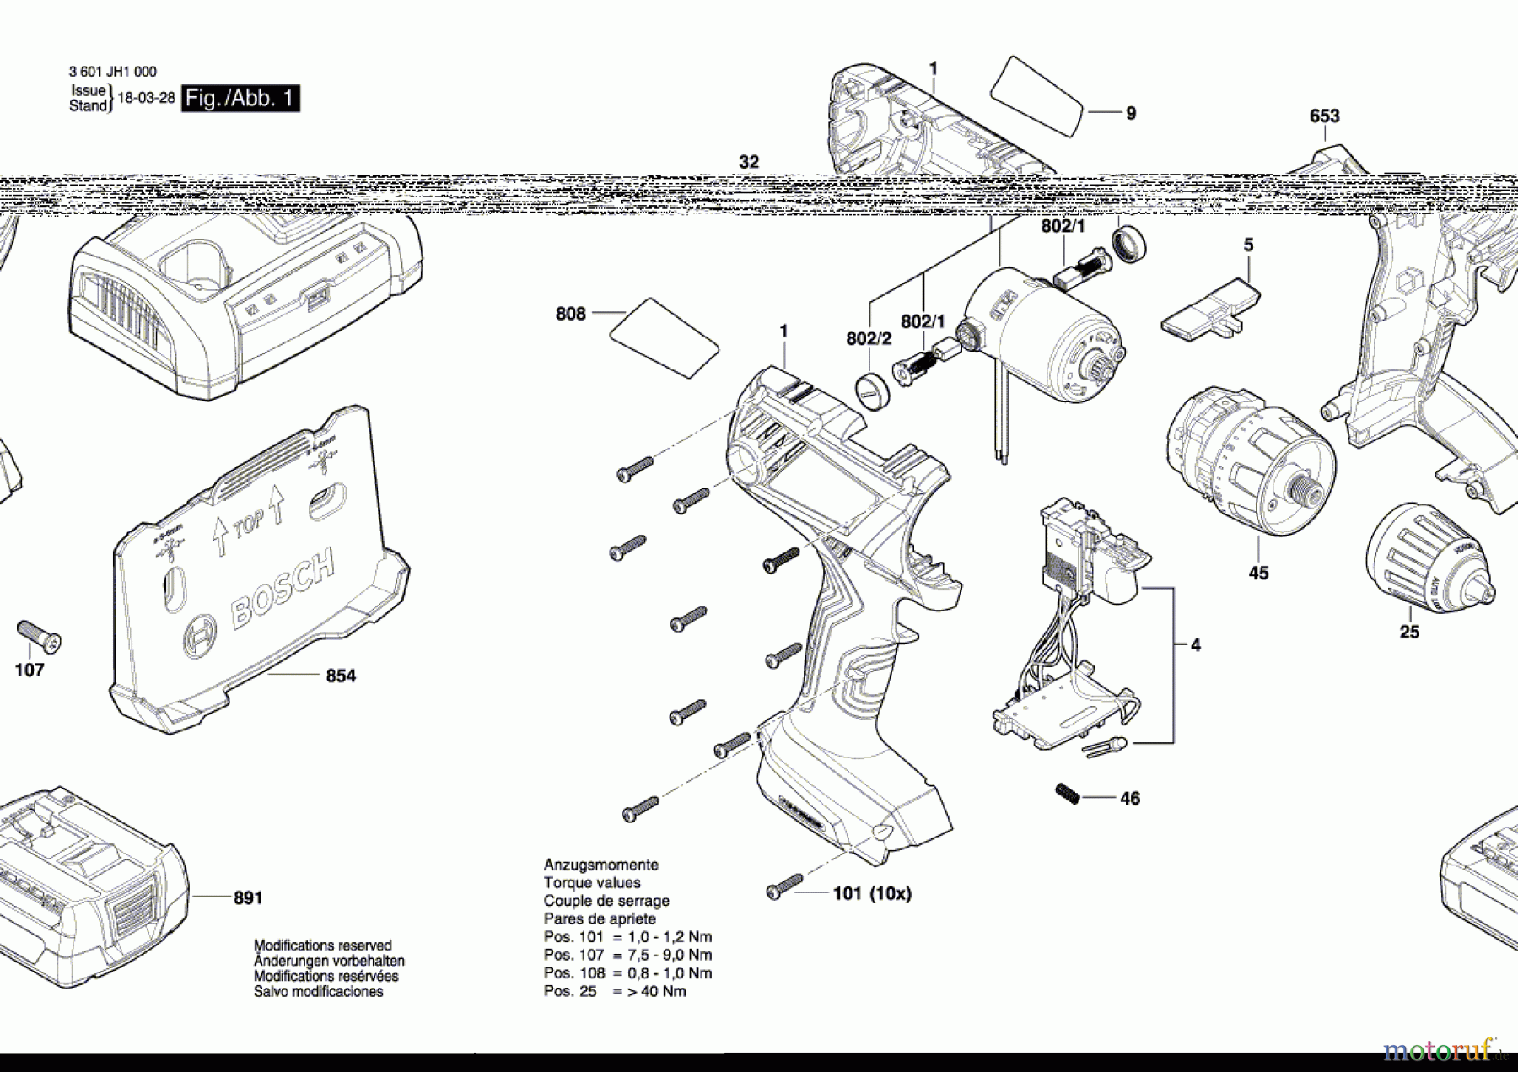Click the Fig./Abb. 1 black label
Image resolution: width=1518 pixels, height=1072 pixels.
(240, 99)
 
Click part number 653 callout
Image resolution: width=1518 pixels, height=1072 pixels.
(1324, 116)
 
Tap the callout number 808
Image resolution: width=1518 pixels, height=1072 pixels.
(570, 314)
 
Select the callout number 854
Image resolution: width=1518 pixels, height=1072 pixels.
(341, 676)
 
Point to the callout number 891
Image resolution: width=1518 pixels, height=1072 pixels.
(248, 898)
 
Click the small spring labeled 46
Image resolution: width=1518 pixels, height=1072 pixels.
(1068, 794)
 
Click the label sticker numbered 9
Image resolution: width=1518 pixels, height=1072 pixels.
(1036, 94)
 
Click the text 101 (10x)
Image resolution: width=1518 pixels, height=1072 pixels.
(872, 893)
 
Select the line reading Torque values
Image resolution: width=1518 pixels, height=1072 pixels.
(592, 883)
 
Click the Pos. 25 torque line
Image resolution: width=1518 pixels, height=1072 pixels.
(614, 991)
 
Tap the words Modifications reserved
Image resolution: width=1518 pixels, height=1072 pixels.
(322, 945)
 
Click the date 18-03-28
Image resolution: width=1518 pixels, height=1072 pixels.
(146, 98)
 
